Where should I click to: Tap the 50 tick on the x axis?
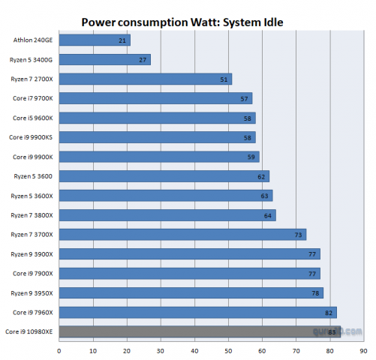(228, 349)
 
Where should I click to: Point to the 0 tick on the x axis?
(59, 349)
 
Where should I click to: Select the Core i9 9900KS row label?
(32, 137)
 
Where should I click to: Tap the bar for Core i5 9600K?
(157, 118)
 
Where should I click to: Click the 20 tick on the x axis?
(127, 349)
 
